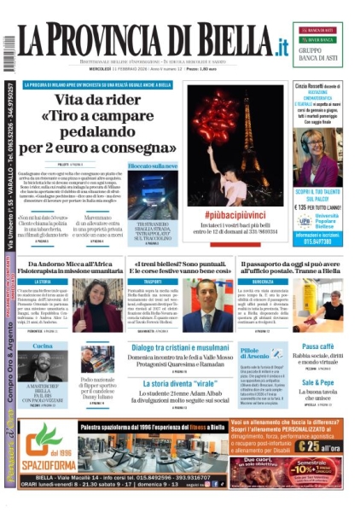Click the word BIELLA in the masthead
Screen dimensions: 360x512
click(x=225, y=42)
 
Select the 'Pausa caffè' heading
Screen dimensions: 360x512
click(x=316, y=346)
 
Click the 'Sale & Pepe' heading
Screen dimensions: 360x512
click(x=317, y=383)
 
